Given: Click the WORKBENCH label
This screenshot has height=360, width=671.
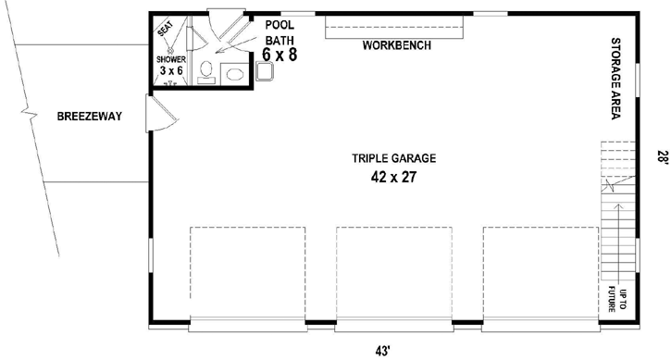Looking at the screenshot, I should (x=396, y=45).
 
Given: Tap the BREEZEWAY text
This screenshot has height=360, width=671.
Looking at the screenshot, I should (x=90, y=117).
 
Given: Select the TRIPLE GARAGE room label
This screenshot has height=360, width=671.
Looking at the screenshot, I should (x=393, y=157).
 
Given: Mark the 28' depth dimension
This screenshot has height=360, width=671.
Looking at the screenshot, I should (x=661, y=157).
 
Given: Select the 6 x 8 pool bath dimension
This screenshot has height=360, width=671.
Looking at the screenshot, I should (x=280, y=55).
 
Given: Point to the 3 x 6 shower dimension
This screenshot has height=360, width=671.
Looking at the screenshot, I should (x=171, y=70).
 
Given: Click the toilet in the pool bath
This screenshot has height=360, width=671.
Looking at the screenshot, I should (x=206, y=70).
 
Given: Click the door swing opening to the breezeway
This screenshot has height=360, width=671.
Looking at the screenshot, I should (x=159, y=113).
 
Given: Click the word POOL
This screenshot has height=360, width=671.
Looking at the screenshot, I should (x=279, y=25).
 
